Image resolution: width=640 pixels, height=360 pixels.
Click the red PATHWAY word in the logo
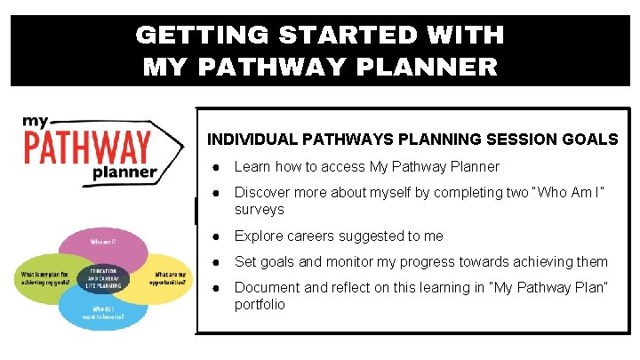(x=87, y=147)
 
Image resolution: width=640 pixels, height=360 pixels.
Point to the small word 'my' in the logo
(x=37, y=124)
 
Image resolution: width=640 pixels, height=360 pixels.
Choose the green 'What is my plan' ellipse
(x=44, y=276)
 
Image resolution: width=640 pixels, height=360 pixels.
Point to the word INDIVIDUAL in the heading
(x=252, y=140)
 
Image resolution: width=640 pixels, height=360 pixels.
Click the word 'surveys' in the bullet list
(x=259, y=210)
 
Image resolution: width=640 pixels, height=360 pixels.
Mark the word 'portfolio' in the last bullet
(x=260, y=305)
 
